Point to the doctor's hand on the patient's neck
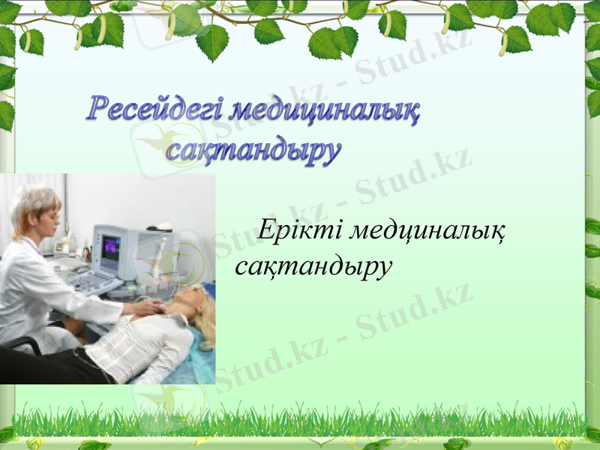(150, 307)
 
